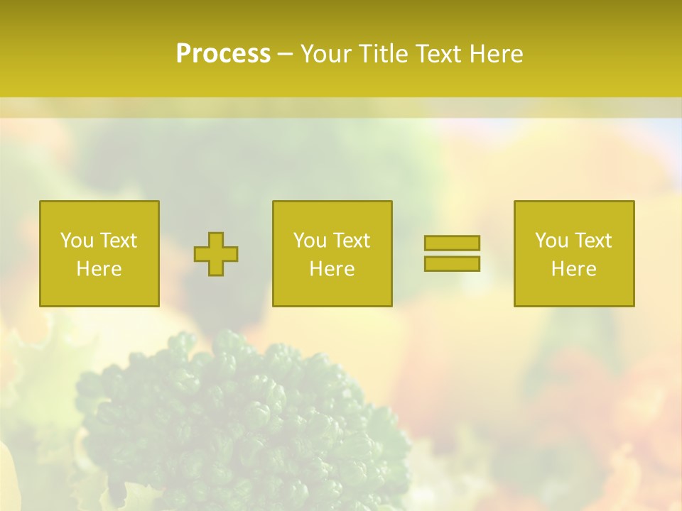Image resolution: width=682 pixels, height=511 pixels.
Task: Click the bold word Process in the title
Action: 223,54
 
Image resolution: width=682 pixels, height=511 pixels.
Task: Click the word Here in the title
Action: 498,54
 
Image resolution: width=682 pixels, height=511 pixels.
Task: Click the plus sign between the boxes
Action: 216,254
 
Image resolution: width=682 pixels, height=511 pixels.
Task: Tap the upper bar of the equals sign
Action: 452,243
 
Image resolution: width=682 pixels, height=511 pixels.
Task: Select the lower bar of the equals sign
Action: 452,263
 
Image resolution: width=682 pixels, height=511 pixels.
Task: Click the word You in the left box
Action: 77,241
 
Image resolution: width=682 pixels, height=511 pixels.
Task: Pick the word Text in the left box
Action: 118,241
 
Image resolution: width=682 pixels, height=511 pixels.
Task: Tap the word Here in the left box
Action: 99,269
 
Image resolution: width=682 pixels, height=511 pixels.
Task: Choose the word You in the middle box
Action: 310,241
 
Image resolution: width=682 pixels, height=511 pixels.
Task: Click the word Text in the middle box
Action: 351,241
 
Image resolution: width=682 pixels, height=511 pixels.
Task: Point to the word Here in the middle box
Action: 332,269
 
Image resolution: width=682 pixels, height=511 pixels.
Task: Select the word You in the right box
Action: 551,241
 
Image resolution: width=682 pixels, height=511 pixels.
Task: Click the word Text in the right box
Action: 592,241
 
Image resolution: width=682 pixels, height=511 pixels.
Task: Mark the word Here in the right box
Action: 573,269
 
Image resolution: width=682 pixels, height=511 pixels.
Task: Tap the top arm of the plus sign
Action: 216,240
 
